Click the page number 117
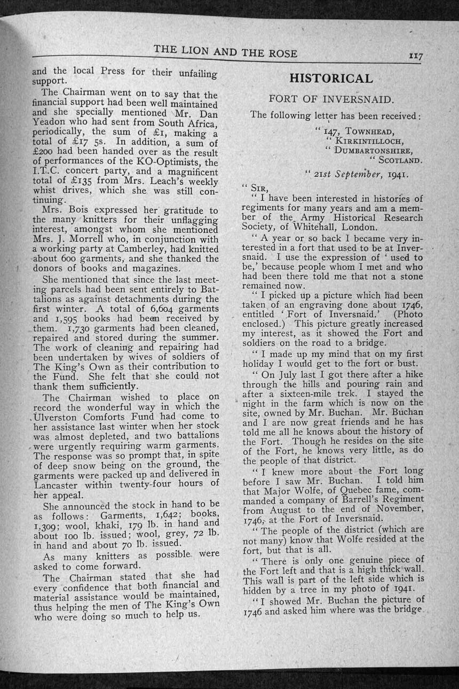(416, 56)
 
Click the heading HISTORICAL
(331, 79)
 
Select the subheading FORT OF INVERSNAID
(331, 99)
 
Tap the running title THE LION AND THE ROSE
(225, 52)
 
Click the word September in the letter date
(357, 174)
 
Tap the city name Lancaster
(59, 483)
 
